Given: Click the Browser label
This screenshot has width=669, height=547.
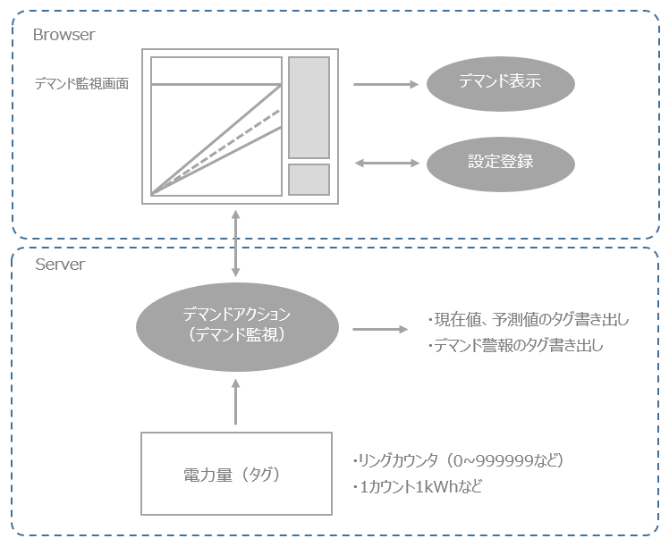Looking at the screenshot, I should [64, 35].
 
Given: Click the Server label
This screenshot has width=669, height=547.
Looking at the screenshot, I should [60, 265].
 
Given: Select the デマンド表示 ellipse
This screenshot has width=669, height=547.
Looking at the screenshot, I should [500, 85].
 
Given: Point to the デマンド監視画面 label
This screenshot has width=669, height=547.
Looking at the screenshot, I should [81, 83].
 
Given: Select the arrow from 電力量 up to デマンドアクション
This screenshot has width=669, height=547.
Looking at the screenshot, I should [235, 400].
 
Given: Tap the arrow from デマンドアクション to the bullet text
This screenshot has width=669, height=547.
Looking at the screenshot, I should [379, 329].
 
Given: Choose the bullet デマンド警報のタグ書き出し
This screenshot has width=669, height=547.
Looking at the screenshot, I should [515, 345].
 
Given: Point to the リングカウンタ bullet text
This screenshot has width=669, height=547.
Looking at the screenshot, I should [459, 460].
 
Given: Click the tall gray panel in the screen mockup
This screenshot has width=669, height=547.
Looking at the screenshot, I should [309, 107].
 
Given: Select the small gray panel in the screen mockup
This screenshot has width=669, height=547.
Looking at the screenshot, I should [309, 179].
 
